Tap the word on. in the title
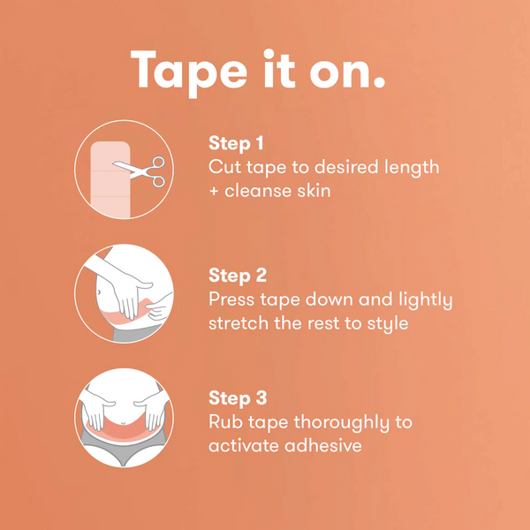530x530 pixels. [349, 70]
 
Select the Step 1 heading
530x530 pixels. [237, 143]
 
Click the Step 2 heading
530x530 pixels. [238, 276]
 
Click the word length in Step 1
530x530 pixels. [407, 166]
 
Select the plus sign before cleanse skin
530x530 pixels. [215, 190]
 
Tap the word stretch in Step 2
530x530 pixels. [242, 323]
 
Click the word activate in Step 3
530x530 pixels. [245, 445]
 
